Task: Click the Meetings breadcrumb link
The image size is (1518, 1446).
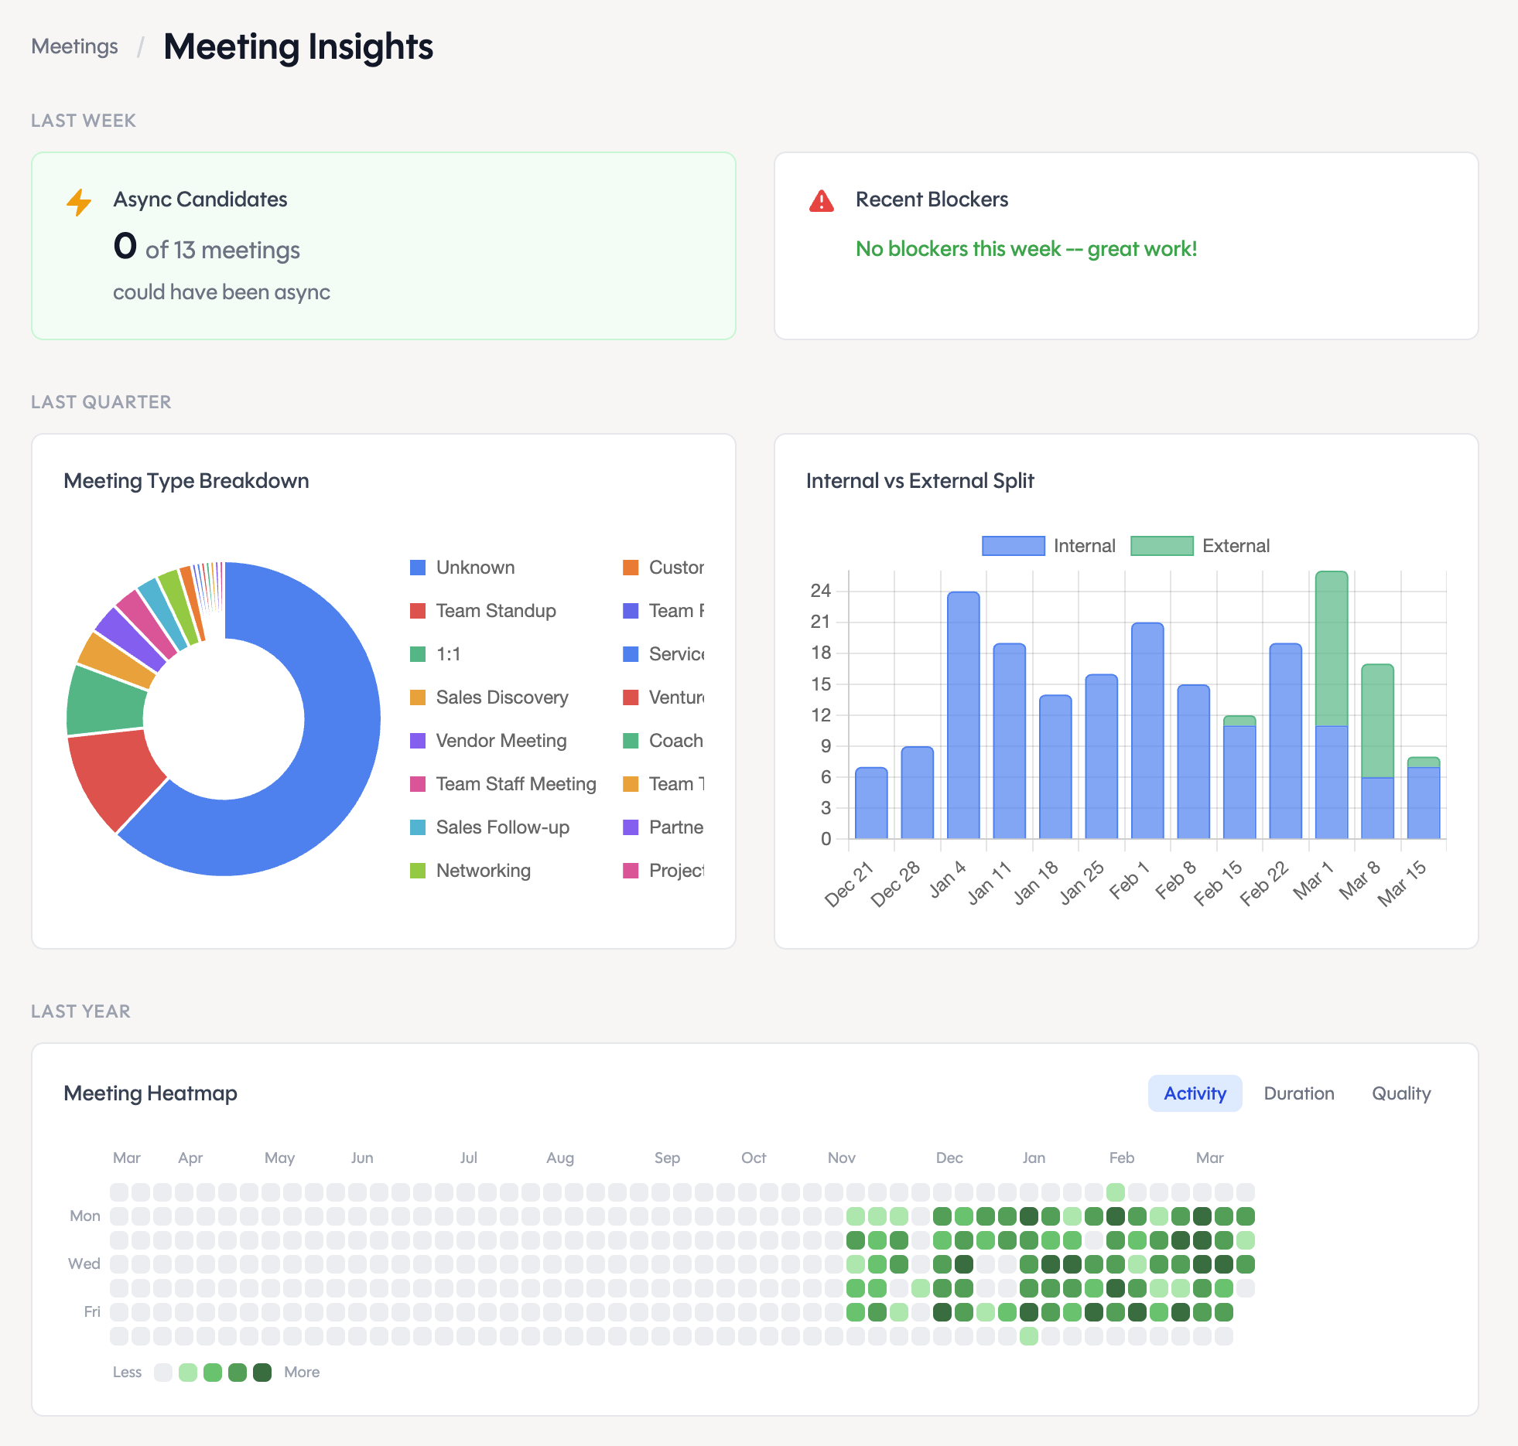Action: pos(74,46)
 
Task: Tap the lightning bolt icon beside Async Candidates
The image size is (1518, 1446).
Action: pos(79,202)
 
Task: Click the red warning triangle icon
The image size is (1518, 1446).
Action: pos(821,201)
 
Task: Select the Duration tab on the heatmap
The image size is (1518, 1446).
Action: pos(1298,1093)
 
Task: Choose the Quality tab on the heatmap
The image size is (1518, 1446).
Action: pos(1400,1093)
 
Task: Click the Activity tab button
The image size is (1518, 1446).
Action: pos(1195,1093)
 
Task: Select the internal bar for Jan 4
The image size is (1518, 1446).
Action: pos(963,715)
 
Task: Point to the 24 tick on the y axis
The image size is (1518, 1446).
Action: pos(820,591)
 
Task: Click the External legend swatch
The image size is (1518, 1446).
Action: pos(1161,546)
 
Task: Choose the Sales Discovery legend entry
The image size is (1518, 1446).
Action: pos(501,697)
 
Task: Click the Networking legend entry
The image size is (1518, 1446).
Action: pos(483,871)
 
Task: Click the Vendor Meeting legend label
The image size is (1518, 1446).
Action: pos(501,741)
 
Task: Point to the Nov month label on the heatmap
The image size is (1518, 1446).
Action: pos(841,1158)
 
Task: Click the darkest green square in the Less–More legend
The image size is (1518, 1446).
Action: pos(262,1373)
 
